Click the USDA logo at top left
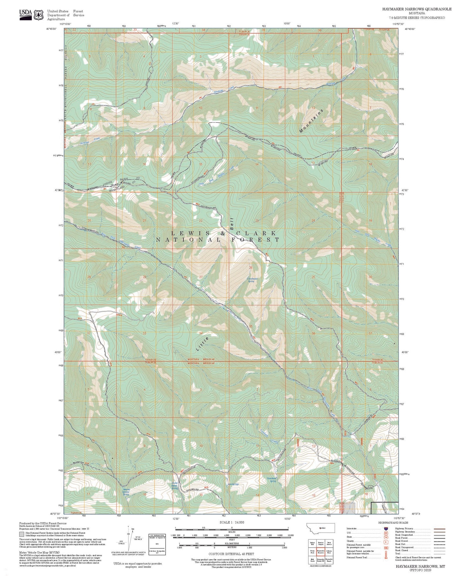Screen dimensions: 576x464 pos(25,14)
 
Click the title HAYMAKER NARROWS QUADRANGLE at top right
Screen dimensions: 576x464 pos(416,9)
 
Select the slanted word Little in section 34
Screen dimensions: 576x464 pos(202,344)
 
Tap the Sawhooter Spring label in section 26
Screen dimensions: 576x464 pos(251,280)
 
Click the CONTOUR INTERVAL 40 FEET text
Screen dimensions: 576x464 pos(231,554)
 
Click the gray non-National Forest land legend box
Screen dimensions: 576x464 pos(22,535)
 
